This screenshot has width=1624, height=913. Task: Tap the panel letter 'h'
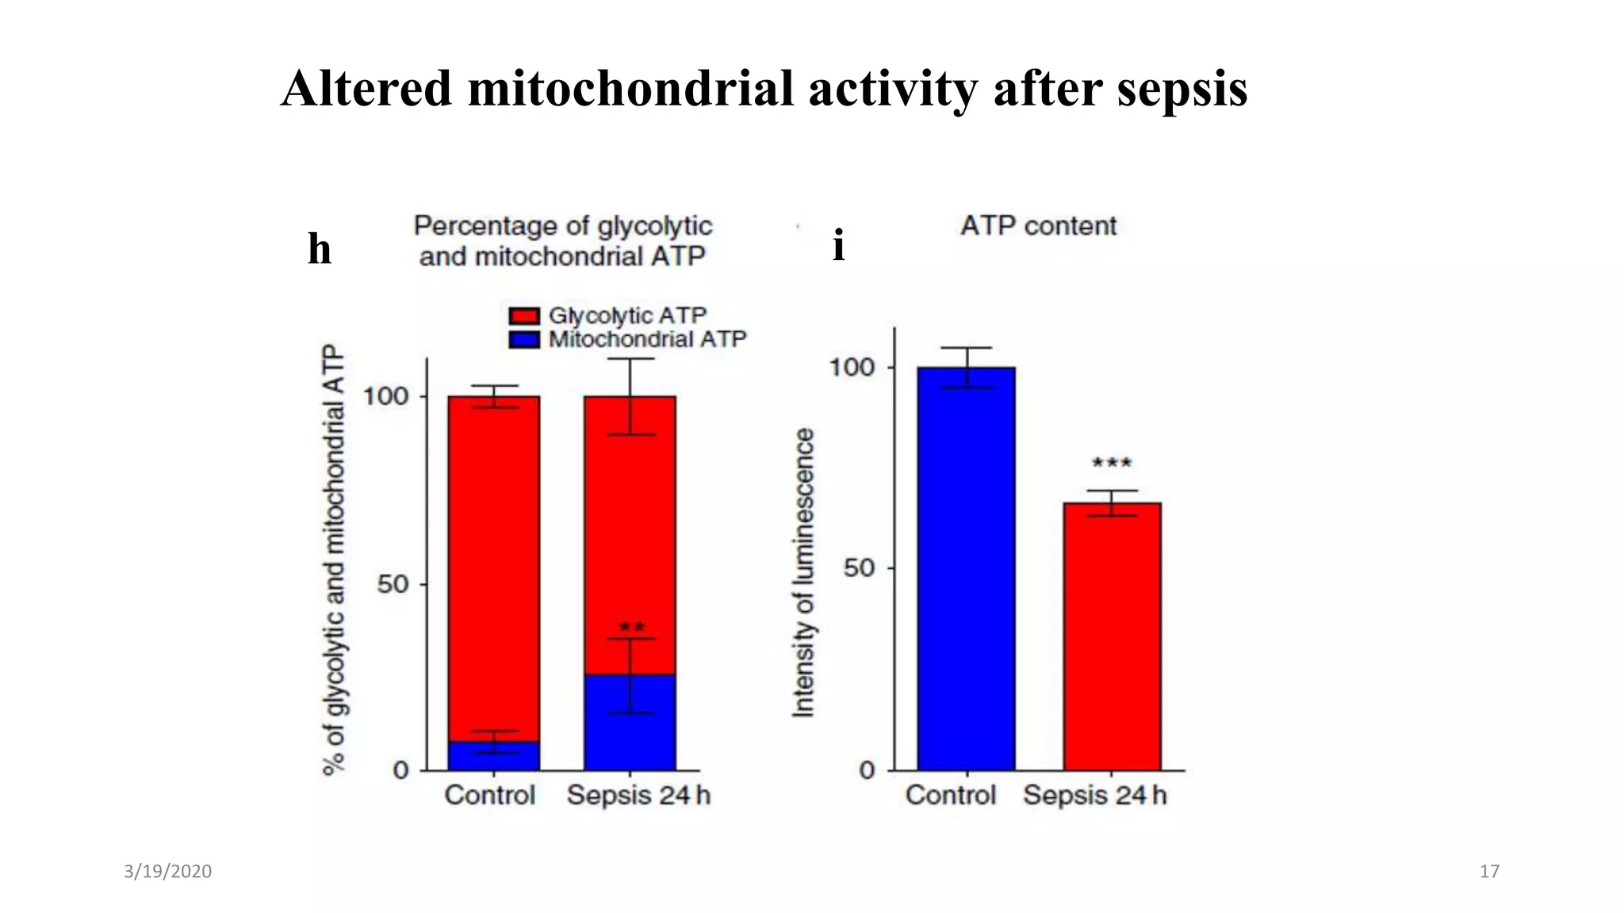(319, 249)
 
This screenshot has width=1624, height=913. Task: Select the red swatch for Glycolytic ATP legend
(524, 315)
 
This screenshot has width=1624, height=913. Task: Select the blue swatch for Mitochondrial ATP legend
(524, 340)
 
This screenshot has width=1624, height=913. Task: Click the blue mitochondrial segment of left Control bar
(493, 758)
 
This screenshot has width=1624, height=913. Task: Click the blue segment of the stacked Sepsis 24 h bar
(630, 723)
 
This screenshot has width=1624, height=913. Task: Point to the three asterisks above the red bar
(1112, 463)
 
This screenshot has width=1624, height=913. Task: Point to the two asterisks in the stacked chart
(632, 628)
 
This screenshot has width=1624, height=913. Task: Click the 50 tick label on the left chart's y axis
(392, 585)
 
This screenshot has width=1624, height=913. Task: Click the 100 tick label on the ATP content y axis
(852, 367)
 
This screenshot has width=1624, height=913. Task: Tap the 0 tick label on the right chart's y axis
(867, 770)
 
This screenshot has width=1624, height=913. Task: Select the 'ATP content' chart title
(1038, 226)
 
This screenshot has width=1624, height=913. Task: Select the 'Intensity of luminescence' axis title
(803, 572)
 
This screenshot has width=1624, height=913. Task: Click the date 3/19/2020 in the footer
(167, 872)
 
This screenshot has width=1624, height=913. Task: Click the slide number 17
(1489, 872)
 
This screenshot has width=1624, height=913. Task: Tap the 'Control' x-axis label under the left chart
(489, 795)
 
